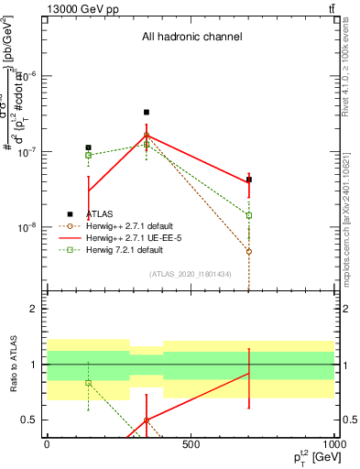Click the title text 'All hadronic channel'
tap(191, 38)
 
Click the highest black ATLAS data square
tap(147, 113)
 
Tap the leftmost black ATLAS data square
tap(88, 147)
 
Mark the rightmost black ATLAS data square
tap(249, 180)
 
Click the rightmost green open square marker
tap(249, 215)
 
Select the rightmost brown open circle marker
tap(249, 251)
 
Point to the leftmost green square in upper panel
tap(88, 155)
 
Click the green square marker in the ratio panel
tap(88, 383)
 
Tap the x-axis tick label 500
tap(191, 445)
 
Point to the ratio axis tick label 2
tap(35, 309)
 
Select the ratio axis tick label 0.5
tap(30, 420)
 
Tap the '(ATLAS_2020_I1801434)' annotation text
tap(190, 274)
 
